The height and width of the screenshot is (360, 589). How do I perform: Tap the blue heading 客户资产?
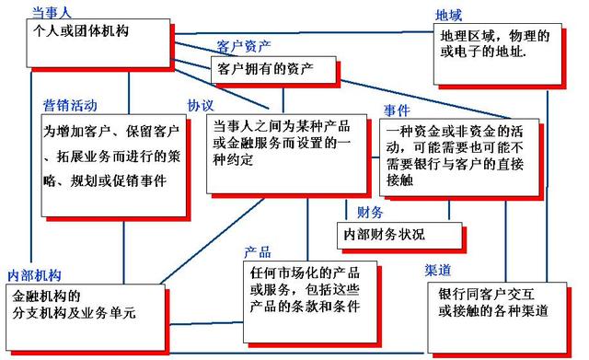[x=242, y=46]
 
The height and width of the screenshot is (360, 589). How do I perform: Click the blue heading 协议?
[x=201, y=104]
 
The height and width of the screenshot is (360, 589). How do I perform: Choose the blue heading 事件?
[x=397, y=110]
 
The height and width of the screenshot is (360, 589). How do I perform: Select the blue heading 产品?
[x=257, y=251]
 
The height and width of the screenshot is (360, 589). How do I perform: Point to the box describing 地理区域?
[x=496, y=50]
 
